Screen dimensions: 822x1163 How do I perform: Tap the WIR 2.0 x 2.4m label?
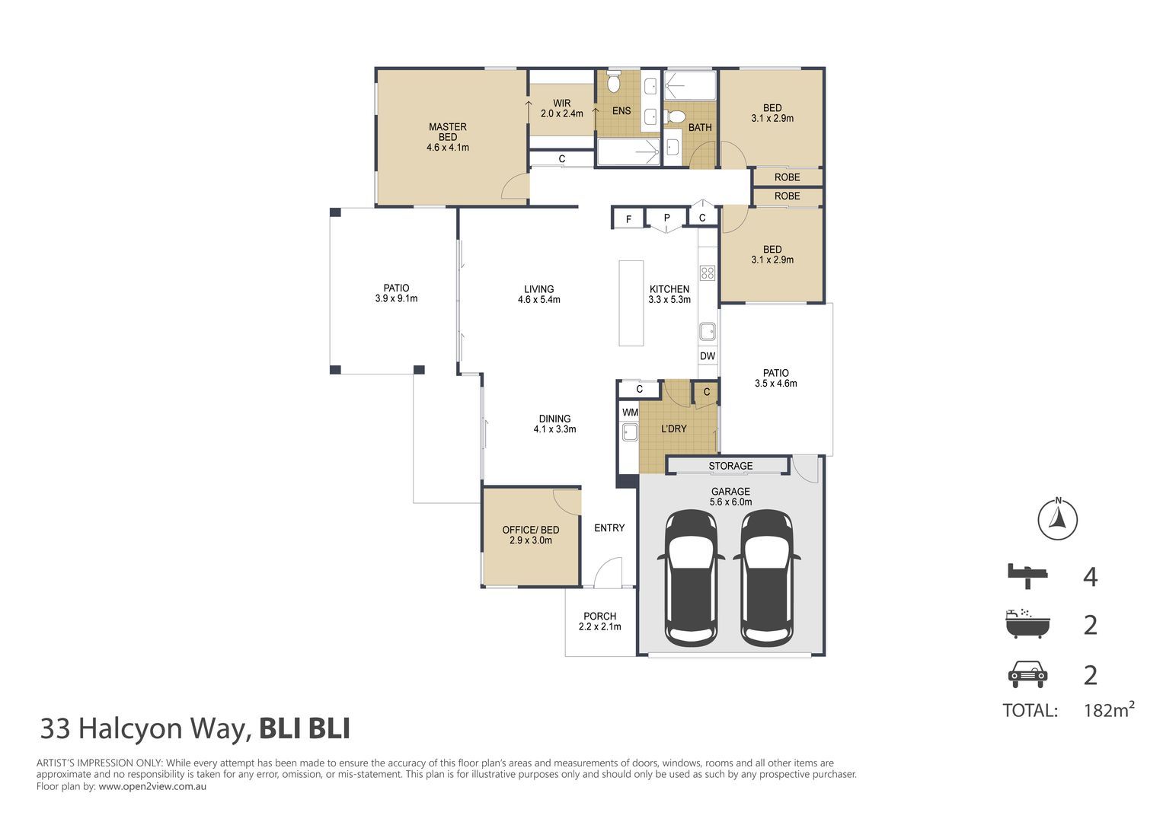(x=561, y=109)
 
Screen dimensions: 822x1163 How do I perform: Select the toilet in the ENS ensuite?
(x=614, y=82)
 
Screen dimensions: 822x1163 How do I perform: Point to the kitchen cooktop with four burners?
(x=708, y=273)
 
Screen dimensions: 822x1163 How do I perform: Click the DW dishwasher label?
(x=708, y=356)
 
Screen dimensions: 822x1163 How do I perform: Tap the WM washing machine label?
(x=630, y=413)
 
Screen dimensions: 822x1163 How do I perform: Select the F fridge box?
(x=628, y=219)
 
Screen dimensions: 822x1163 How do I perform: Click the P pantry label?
(x=666, y=218)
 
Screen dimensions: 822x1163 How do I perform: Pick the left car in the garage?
(x=691, y=578)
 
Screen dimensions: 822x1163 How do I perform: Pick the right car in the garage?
(x=767, y=578)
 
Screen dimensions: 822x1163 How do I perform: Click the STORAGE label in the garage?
(x=730, y=466)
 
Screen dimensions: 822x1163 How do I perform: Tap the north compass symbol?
(x=1058, y=520)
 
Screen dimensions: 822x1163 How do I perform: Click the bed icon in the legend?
(x=1027, y=575)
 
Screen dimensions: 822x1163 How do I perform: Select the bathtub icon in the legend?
(x=1027, y=624)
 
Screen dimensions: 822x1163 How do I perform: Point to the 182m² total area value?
(x=1108, y=710)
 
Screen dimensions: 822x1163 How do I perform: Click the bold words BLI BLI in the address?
(x=305, y=728)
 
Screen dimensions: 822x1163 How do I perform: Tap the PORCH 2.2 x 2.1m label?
(x=599, y=622)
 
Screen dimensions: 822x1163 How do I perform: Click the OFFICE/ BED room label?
(x=530, y=535)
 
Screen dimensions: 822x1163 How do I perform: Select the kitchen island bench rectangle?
(x=631, y=303)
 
